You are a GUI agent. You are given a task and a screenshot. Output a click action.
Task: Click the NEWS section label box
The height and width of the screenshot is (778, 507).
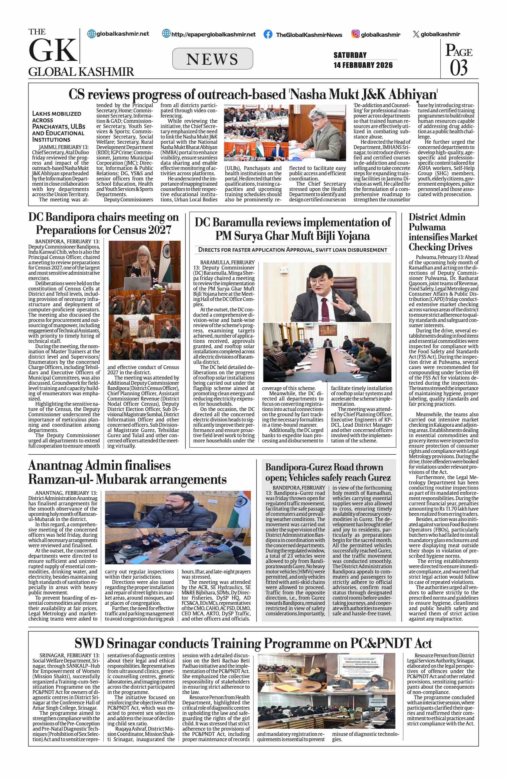click(212, 59)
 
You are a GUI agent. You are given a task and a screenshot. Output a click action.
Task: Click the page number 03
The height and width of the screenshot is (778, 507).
click(459, 68)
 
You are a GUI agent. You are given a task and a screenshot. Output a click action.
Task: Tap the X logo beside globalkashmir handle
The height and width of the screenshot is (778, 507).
click(416, 34)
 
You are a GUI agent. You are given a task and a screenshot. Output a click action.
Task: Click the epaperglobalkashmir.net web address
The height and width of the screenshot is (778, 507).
click(213, 34)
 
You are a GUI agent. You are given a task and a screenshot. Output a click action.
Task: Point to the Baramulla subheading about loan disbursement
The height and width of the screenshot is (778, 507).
click(292, 250)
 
